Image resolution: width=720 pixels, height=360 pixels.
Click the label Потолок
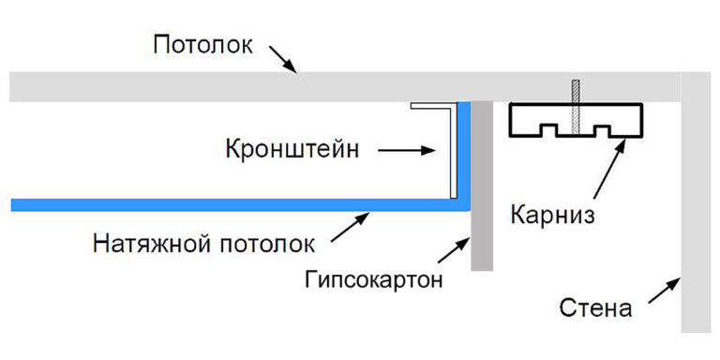(x=202, y=44)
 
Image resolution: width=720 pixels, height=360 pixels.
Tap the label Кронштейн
(x=292, y=149)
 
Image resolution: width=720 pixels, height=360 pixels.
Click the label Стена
(x=595, y=307)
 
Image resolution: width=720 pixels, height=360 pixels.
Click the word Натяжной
(x=148, y=247)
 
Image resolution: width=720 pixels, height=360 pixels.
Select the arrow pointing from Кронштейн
(x=410, y=149)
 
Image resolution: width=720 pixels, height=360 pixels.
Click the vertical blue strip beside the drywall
(x=463, y=150)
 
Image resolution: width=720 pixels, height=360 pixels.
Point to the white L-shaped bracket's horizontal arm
(x=431, y=107)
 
